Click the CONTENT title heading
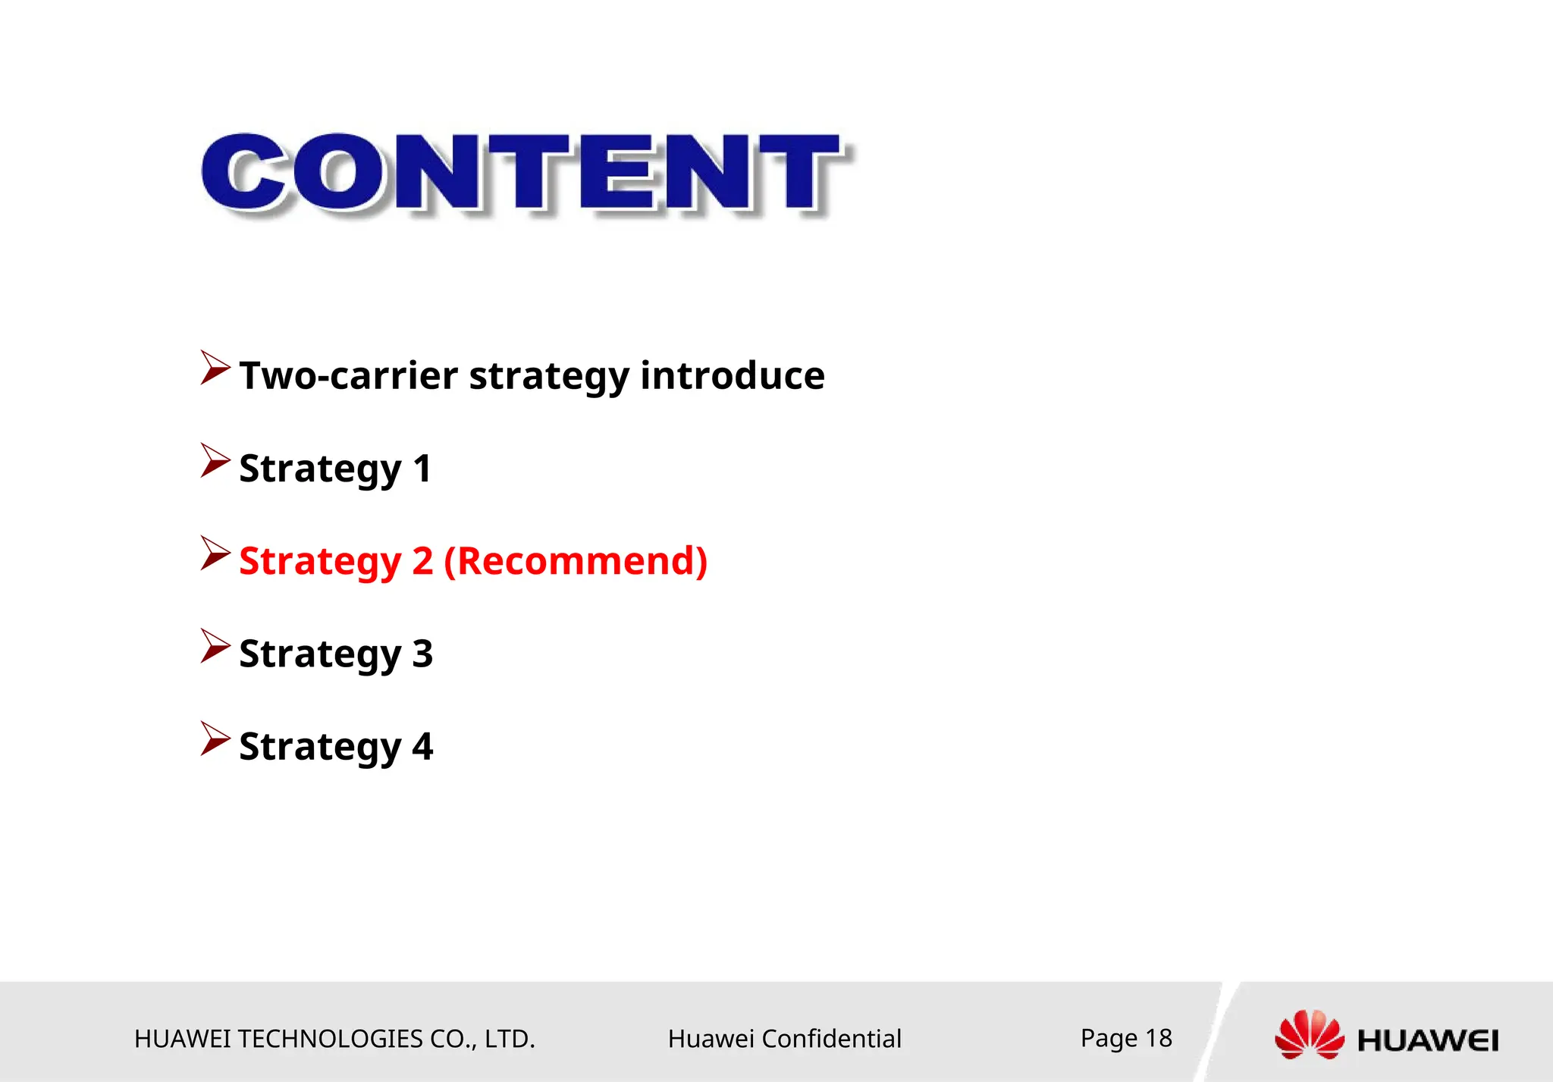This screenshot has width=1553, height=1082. (523, 173)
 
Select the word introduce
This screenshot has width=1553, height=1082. (732, 376)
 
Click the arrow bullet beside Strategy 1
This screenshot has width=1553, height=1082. (215, 461)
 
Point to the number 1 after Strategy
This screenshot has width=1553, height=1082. (422, 469)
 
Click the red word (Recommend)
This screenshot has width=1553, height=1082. (576, 562)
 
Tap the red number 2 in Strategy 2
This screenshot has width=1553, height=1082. (422, 562)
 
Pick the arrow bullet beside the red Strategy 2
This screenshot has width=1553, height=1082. (215, 554)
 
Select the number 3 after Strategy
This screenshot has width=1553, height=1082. (422, 654)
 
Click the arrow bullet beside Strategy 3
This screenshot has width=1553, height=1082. (215, 646)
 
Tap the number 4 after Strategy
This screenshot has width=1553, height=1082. (422, 747)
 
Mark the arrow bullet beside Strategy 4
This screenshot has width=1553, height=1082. (215, 739)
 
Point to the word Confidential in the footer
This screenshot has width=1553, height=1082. (831, 1039)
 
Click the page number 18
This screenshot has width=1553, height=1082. (1158, 1038)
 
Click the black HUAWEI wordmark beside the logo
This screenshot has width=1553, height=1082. (1428, 1041)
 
